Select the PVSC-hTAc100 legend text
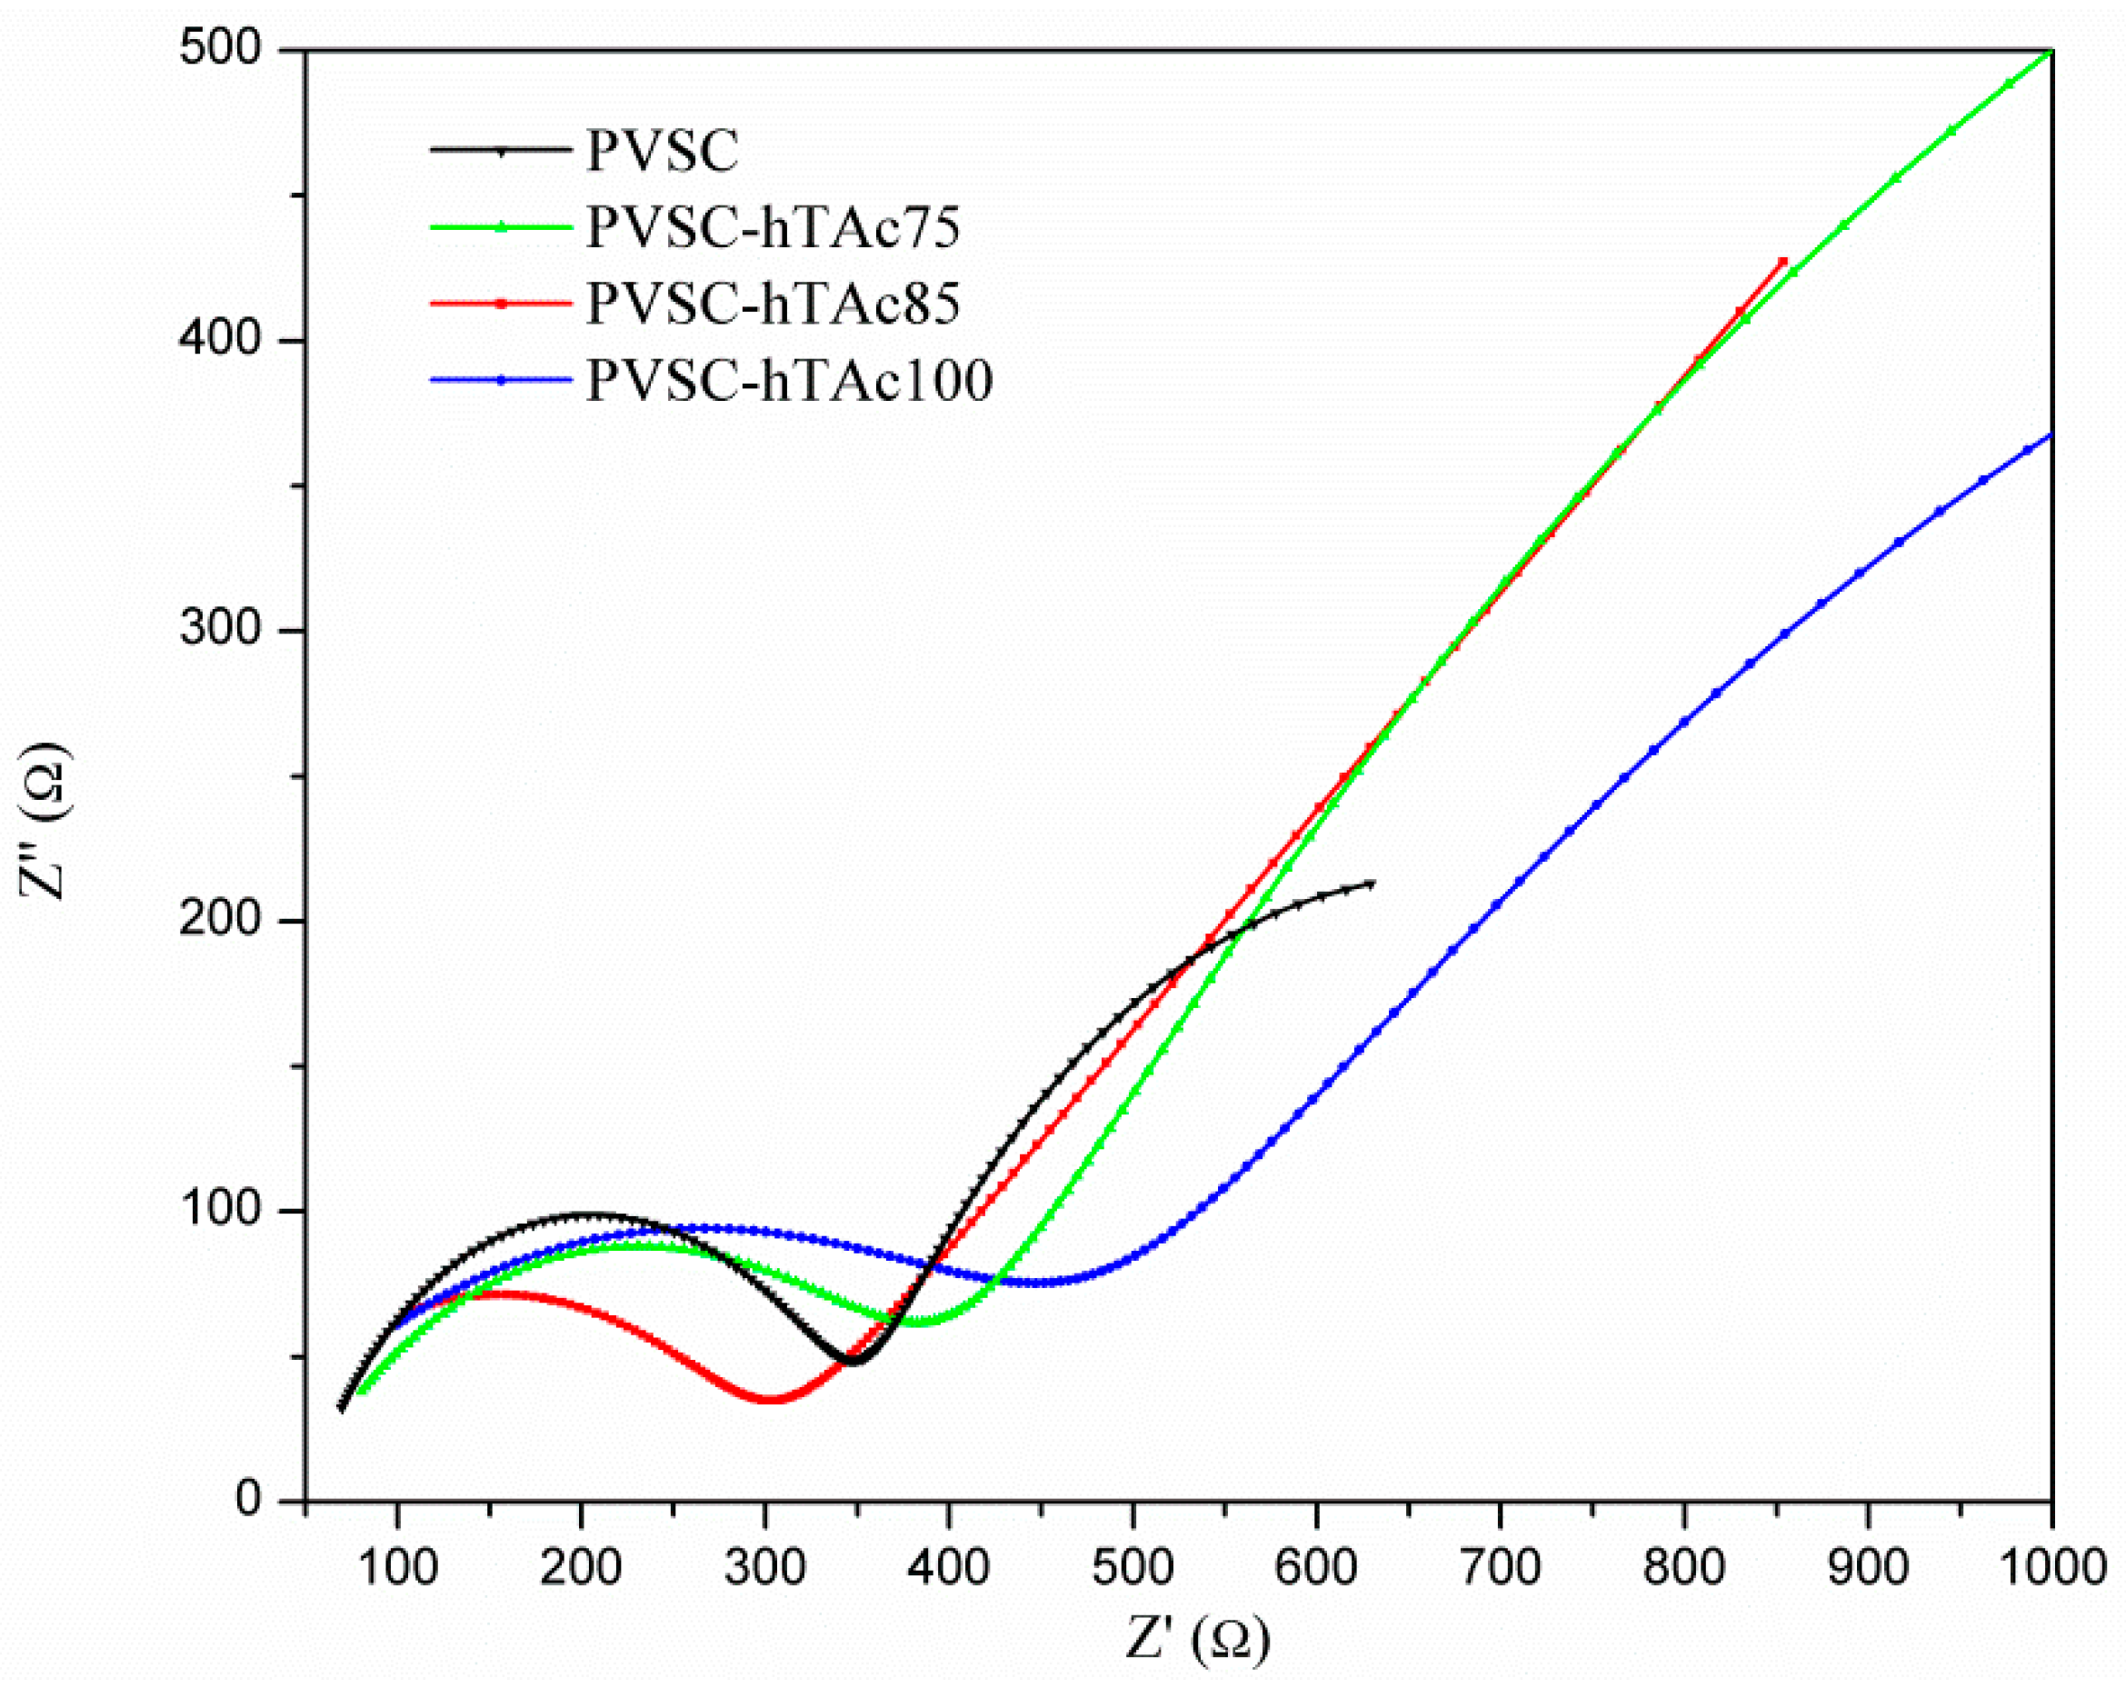click(x=789, y=381)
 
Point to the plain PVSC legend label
click(x=662, y=152)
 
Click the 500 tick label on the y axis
click(x=220, y=48)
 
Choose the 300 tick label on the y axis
click(x=220, y=629)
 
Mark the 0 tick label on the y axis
click(x=247, y=1500)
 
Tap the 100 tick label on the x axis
click(x=396, y=1568)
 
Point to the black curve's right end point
click(x=1372, y=883)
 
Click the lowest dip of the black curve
click(x=854, y=1362)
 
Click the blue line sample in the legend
click(x=501, y=381)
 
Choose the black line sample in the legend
click(x=501, y=152)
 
